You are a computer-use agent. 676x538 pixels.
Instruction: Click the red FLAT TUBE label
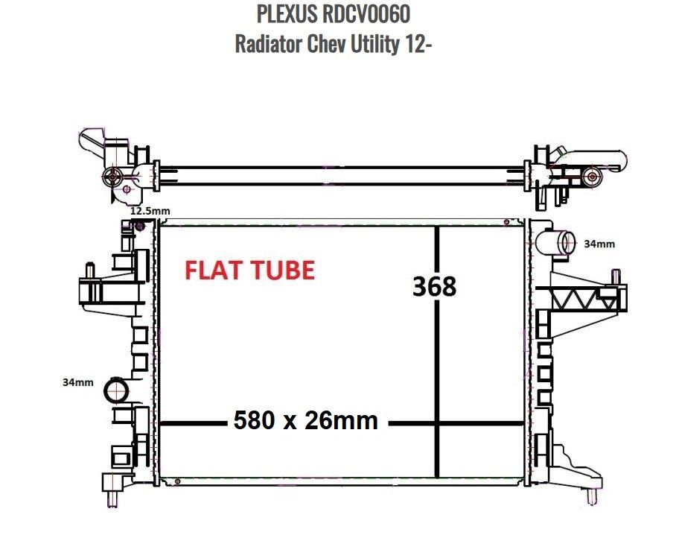coord(249,270)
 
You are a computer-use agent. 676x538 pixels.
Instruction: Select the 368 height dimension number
coord(434,286)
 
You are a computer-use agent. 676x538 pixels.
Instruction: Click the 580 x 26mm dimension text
coord(306,421)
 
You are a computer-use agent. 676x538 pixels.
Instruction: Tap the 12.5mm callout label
coord(150,211)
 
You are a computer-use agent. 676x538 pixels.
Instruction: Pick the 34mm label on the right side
coord(599,244)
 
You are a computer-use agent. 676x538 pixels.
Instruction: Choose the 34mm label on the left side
coord(77,382)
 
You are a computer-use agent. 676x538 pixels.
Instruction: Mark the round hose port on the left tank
coord(117,390)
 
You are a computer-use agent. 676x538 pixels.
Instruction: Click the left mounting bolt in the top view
coord(112,177)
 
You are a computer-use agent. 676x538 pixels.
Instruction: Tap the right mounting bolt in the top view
coord(592,177)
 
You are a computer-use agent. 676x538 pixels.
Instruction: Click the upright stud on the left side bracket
coord(89,270)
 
